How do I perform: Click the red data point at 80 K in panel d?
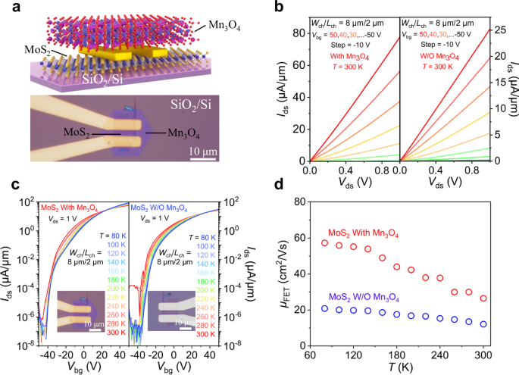click(x=325, y=243)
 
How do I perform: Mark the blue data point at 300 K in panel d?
click(x=483, y=324)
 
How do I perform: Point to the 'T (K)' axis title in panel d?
click(x=404, y=367)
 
